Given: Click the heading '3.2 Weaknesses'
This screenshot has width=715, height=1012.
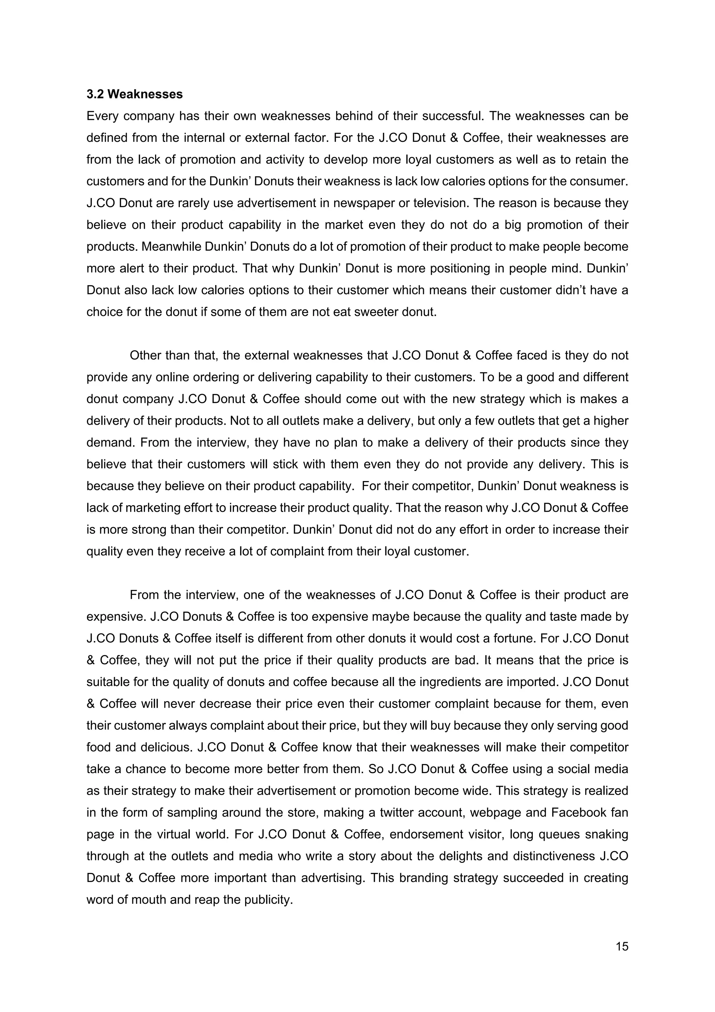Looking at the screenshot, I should point(134,94).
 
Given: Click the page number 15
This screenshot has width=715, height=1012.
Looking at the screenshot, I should point(621,946).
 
